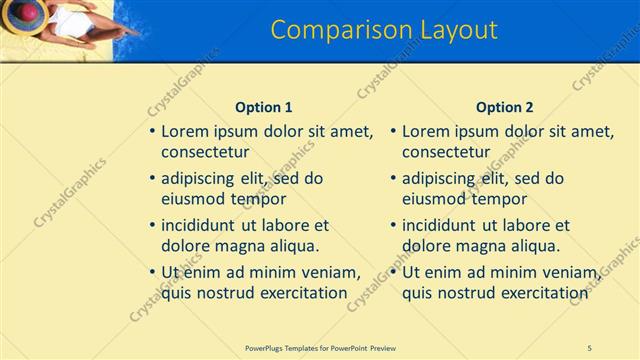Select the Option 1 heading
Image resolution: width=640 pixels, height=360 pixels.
click(264, 107)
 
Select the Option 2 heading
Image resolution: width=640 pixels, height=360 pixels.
click(505, 107)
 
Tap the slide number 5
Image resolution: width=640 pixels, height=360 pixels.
click(590, 347)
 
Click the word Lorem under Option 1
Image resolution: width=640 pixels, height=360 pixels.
click(185, 131)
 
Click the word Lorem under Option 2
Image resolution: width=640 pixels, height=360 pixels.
click(426, 131)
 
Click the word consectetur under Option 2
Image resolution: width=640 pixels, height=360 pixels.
click(446, 152)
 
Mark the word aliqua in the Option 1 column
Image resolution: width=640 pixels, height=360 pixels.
click(291, 246)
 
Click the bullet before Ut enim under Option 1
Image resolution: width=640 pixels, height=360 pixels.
click(151, 272)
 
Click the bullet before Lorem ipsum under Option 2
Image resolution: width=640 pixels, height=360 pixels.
click(392, 131)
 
